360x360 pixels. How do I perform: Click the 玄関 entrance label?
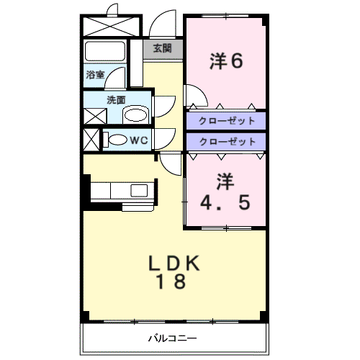pyautogui.click(x=162, y=48)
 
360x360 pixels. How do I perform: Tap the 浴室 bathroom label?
pyautogui.click(x=95, y=74)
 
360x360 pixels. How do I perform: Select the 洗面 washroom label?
pyautogui.click(x=115, y=100)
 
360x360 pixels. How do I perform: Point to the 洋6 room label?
pyautogui.click(x=226, y=60)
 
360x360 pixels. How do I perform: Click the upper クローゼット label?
pyautogui.click(x=226, y=120)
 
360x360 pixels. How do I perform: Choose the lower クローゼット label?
pyautogui.click(x=226, y=141)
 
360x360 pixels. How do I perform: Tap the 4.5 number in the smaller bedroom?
pyautogui.click(x=226, y=202)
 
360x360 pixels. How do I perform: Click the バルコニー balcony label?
pyautogui.click(x=173, y=338)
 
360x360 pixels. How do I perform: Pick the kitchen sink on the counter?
pyautogui.click(x=139, y=190)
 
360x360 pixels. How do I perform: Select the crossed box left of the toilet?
pyautogui.click(x=91, y=140)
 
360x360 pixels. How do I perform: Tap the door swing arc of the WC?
pyautogui.click(x=163, y=138)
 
